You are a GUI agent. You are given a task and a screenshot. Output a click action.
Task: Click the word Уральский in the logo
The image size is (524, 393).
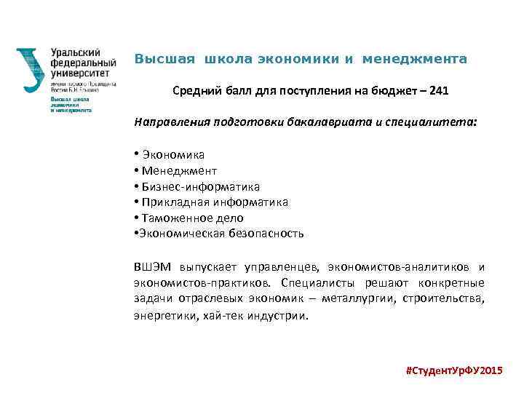76,53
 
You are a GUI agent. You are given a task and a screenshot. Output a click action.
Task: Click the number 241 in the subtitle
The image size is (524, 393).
440,92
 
